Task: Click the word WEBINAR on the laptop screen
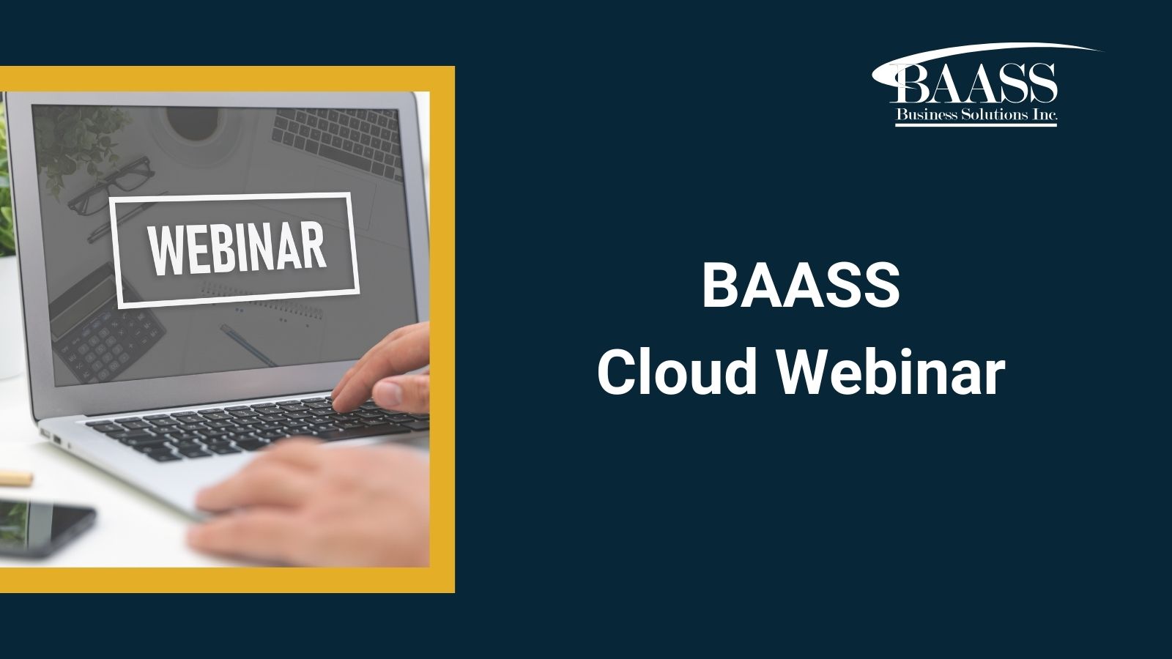click(237, 248)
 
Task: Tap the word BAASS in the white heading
click(801, 286)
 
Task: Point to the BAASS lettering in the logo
click(973, 83)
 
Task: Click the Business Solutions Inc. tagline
click(976, 114)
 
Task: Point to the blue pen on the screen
click(248, 345)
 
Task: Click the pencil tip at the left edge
click(15, 478)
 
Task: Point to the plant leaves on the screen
click(78, 144)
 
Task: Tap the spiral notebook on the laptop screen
click(262, 306)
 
